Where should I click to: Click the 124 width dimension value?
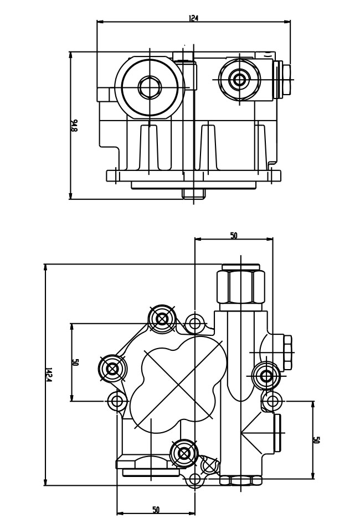[x=193, y=18]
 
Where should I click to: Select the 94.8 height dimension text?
[x=74, y=126]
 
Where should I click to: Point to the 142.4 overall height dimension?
[x=49, y=375]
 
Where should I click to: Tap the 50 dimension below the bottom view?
[x=156, y=510]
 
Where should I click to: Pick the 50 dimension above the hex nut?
[x=234, y=235]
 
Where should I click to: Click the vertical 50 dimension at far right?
[x=316, y=440]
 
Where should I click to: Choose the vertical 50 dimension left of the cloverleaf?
[x=75, y=362]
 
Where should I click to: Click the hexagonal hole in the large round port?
[x=149, y=86]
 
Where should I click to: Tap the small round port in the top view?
[x=239, y=80]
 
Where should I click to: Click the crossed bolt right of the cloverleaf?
[x=266, y=376]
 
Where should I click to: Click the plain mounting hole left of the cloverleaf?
[x=116, y=400]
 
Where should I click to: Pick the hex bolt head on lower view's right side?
[x=287, y=352]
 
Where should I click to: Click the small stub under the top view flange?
[x=193, y=193]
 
